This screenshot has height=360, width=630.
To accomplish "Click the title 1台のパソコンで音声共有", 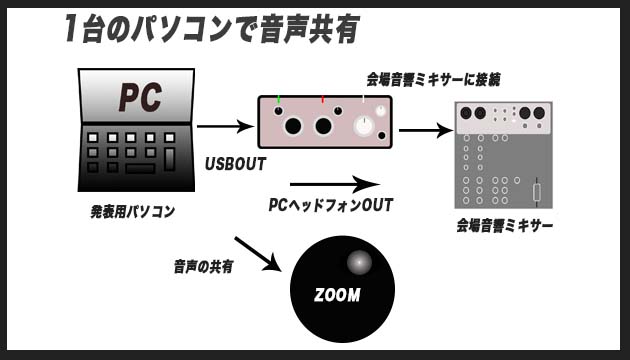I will [210, 29].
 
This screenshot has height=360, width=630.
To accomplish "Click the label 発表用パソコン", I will [132, 212].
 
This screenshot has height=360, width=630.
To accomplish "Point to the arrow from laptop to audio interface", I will [224, 126].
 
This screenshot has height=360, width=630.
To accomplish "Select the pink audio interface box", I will [324, 122].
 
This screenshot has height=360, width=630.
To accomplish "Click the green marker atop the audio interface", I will [278, 99].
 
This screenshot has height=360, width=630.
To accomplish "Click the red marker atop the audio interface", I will [323, 99].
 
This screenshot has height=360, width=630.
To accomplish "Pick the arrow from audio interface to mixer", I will [425, 129].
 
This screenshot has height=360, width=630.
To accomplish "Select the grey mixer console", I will [503, 154].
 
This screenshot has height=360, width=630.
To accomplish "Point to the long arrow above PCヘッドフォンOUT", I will [334, 184].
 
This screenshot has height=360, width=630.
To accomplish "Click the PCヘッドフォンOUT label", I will [330, 205].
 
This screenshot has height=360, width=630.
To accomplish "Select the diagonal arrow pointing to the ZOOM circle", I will [257, 252].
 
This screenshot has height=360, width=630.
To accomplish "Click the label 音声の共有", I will [202, 266].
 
